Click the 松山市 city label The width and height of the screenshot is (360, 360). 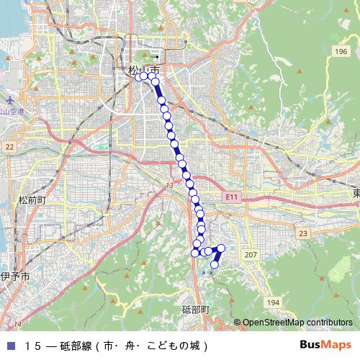click(143, 69)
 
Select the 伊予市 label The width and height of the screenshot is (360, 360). click(14, 276)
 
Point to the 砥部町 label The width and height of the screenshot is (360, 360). click(194, 310)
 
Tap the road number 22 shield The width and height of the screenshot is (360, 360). click(9, 146)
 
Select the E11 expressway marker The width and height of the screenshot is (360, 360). click(230, 196)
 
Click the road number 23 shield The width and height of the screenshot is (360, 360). click(303, 233)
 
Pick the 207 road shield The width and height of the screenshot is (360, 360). click(251, 256)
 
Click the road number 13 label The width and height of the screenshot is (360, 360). click(168, 186)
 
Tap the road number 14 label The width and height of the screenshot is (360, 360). click(17, 323)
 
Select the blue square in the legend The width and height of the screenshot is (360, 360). click(9, 345)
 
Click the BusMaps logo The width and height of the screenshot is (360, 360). click(325, 344)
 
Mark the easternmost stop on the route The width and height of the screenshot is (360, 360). click(221, 248)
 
